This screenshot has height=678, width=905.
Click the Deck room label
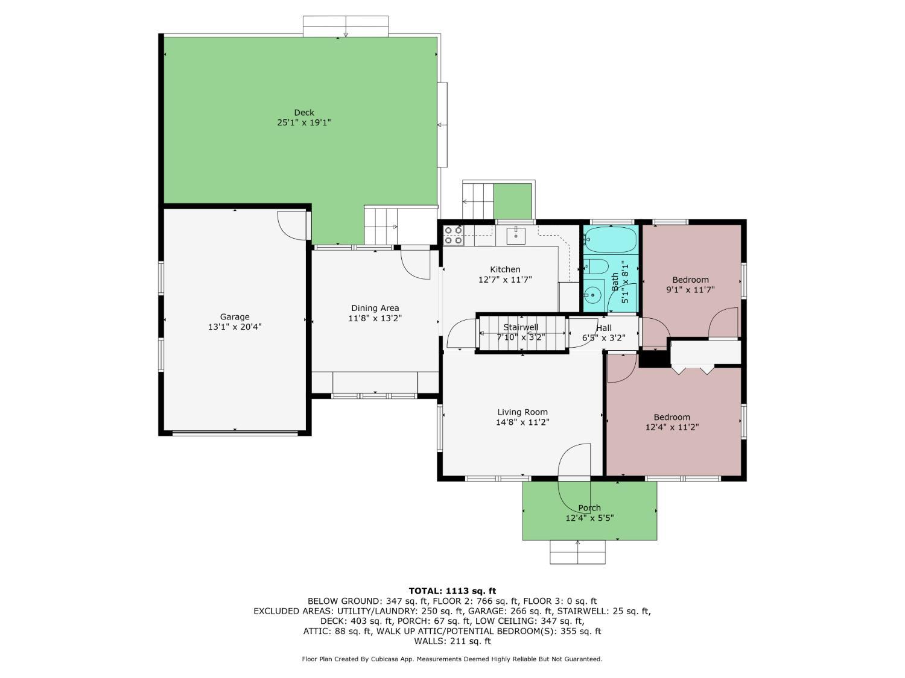pos(304,112)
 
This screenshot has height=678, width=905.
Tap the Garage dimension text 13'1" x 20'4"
pos(235,327)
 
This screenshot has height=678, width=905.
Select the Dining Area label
pos(375,308)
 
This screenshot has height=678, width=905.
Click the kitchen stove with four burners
pos(453,236)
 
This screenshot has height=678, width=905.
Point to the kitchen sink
pos(516,235)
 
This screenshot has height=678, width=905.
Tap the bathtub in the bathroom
pos(611,239)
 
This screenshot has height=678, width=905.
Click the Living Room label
pos(522,412)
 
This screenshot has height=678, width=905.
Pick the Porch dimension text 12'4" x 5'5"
pos(589,518)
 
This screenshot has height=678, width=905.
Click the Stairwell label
pos(521,327)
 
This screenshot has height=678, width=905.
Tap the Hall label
pos(603,328)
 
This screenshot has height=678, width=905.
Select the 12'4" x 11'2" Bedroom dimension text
pos(672,427)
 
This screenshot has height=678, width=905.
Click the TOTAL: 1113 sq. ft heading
pos(453,591)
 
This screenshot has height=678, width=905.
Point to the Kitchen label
pos(505,269)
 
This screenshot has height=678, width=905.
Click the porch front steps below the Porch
pos(577,551)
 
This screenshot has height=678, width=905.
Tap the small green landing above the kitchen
pos(512,201)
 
